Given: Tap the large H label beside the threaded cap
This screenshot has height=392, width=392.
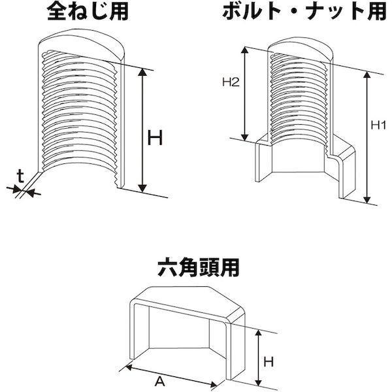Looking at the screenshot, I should [x=155, y=138].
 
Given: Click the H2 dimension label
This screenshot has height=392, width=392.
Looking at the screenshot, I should [x=231, y=82].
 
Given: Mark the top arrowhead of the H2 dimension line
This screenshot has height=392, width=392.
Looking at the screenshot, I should [x=245, y=50].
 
